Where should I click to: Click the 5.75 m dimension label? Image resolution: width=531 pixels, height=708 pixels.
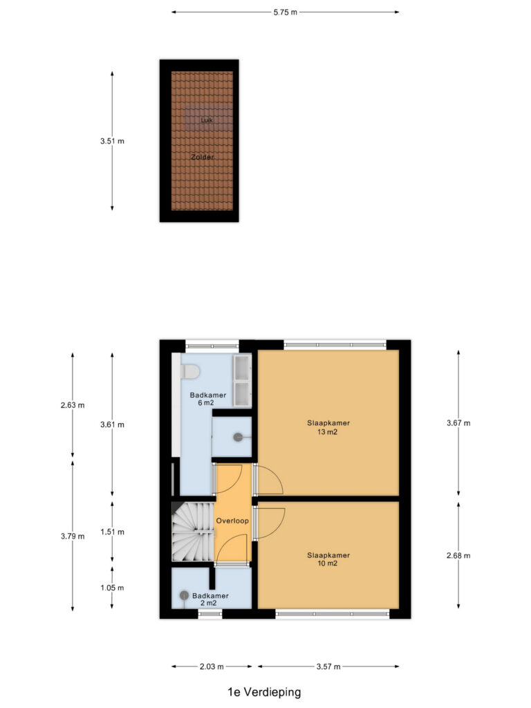pos(285,12)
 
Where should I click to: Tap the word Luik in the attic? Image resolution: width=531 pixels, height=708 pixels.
pos(207,120)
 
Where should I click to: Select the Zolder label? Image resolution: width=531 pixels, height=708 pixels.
pos(203,157)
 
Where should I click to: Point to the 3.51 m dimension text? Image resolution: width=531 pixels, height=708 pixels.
pos(112,141)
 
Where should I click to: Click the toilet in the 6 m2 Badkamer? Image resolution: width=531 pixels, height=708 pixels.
pos(189,371)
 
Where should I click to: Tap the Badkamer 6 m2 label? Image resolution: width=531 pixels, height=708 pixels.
pos(207,399)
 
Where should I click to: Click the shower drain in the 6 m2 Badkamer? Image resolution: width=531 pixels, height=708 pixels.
pos(238,437)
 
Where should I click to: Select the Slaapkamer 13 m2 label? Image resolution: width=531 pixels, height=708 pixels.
pos(328,427)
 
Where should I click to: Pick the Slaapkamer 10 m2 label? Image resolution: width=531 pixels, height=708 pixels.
pos(328,559)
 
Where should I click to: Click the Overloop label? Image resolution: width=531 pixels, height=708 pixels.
pos(232,521)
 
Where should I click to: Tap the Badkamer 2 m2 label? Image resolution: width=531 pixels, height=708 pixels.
pos(210,599)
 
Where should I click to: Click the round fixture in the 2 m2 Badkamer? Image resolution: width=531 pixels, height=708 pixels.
pos(184,595)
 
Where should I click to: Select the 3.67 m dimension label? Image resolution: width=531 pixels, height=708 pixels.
pos(458,423)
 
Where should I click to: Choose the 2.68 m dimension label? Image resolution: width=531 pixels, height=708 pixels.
pos(458,555)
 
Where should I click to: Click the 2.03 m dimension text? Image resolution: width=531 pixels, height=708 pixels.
pos(212,667)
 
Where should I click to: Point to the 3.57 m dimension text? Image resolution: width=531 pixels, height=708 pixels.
pos(328,667)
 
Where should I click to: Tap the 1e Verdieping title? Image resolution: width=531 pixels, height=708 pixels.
pos(264,691)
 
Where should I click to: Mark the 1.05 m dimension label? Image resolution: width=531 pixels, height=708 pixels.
pos(112,588)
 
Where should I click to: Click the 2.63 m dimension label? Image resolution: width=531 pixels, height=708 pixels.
pos(72,405)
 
